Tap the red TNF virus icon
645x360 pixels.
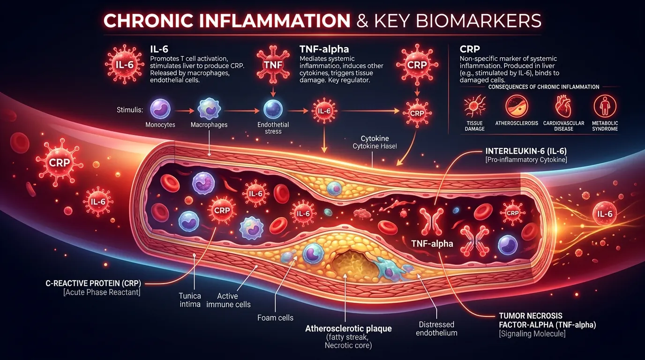273,65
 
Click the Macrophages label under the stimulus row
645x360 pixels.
209,125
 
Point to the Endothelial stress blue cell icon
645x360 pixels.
272,109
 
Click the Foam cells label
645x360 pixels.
275,318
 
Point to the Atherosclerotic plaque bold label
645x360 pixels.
348,329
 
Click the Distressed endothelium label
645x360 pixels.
436,329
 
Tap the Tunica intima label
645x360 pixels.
189,300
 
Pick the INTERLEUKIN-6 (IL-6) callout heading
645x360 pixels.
526,151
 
